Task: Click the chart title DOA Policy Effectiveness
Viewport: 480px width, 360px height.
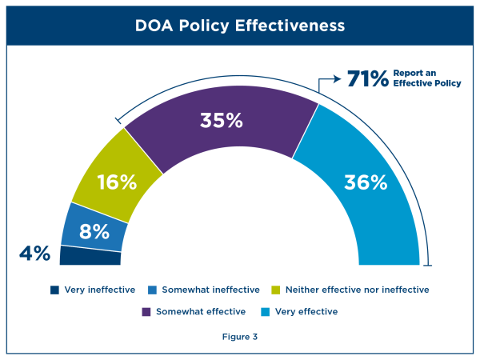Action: click(x=240, y=26)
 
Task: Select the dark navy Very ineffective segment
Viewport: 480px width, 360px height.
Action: click(x=90, y=256)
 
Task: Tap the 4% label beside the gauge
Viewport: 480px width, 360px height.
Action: click(x=34, y=254)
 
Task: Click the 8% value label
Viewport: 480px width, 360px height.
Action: click(x=94, y=231)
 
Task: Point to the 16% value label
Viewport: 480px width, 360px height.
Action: click(x=117, y=182)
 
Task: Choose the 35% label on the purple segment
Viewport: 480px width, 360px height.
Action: click(x=222, y=121)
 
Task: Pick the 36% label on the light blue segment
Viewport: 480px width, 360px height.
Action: click(x=366, y=182)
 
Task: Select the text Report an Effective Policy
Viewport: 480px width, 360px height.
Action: click(x=426, y=78)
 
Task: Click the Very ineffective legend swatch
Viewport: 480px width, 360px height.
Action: click(x=54, y=290)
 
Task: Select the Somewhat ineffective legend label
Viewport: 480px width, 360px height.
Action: click(x=210, y=290)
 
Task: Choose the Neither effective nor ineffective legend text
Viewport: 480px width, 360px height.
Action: click(x=357, y=290)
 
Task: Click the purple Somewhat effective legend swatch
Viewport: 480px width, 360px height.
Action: click(x=146, y=311)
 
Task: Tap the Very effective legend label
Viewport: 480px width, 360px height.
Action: click(x=306, y=311)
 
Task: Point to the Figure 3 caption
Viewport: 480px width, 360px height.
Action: click(x=240, y=337)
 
